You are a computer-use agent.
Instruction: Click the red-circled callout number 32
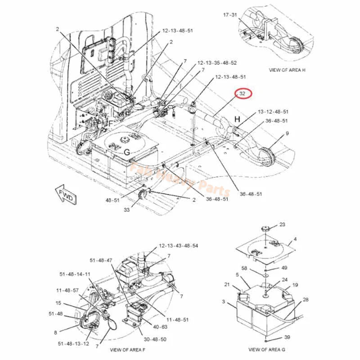click(243, 94)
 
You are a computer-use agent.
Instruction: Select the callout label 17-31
click(230, 15)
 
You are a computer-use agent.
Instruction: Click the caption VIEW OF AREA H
click(287, 70)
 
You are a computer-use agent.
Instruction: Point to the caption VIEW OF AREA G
click(266, 349)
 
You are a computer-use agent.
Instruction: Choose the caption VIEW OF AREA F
click(127, 350)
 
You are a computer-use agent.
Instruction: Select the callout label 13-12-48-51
click(273, 111)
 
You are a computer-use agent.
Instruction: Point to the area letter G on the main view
click(127, 153)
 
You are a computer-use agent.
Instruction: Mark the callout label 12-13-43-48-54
click(178, 246)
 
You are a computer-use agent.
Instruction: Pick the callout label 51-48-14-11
click(75, 274)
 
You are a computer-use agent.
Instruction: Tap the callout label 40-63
click(161, 327)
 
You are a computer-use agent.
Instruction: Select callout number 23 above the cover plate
click(282, 224)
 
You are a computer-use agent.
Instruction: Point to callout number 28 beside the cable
click(306, 300)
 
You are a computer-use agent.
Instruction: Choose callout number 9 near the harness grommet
click(288, 134)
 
